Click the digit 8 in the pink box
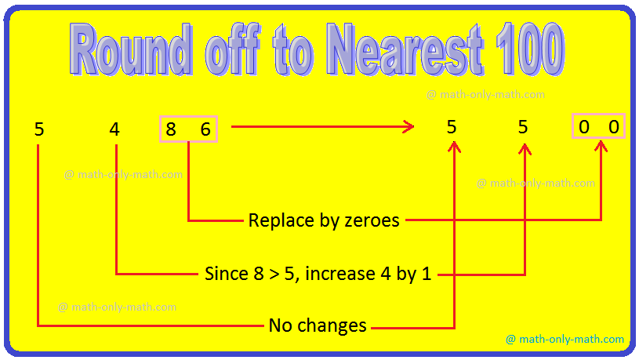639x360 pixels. [171, 129]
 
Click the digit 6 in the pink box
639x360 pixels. [205, 129]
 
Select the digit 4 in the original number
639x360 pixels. [114, 129]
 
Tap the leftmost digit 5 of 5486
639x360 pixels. [39, 129]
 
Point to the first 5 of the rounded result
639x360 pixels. [452, 127]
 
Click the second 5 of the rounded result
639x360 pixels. [523, 127]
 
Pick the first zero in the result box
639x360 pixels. [584, 127]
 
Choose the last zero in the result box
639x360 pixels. [614, 127]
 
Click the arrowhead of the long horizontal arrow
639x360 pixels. [408, 127]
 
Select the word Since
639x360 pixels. [226, 274]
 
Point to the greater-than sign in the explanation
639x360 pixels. [274, 275]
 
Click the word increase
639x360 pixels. [340, 274]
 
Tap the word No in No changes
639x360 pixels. [281, 325]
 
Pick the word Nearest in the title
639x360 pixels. [406, 49]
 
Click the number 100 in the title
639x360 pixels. [531, 49]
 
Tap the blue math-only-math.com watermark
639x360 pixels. [565, 339]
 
